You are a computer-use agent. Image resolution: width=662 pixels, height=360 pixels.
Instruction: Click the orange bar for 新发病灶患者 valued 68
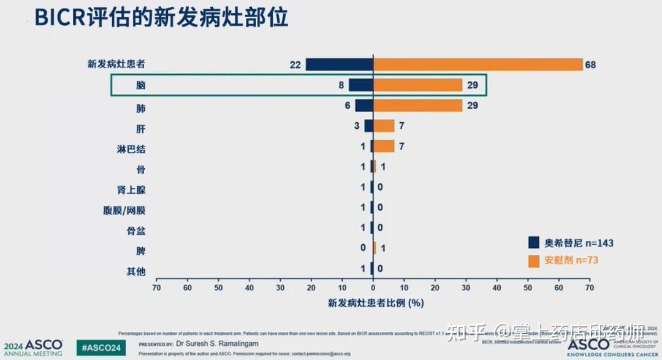coord(478,64)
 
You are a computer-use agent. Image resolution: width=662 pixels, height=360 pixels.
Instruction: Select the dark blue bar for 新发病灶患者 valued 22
coord(339,64)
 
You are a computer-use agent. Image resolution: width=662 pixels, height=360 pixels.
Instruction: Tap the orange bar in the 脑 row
coord(417,85)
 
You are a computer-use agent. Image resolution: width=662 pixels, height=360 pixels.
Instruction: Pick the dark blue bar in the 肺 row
coord(364,105)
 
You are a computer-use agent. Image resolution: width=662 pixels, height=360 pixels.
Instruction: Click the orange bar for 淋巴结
coord(384,146)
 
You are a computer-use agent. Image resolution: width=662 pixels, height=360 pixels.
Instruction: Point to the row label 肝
coord(140,129)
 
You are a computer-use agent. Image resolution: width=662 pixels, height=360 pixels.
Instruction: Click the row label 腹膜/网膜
coord(124,210)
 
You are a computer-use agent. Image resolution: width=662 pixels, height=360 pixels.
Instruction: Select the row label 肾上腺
coord(131,190)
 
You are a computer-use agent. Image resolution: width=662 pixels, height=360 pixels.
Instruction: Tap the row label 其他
coord(135,270)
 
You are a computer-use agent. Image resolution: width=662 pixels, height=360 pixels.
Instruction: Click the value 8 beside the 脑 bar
coord(341,85)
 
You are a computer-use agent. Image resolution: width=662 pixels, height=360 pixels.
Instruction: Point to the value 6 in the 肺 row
coord(347,105)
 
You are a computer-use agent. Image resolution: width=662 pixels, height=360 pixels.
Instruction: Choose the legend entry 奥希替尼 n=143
coord(571,243)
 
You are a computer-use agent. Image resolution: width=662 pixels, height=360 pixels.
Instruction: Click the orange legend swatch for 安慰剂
coord(534,261)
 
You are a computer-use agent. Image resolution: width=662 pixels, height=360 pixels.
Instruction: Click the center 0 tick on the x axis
coord(373,287)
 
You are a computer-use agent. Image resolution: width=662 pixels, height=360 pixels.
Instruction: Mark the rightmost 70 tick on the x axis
coord(589,287)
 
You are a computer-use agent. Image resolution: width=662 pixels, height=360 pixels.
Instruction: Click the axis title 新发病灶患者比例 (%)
coord(376,302)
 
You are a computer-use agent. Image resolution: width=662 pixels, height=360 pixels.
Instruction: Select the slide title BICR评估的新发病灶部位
coord(161,17)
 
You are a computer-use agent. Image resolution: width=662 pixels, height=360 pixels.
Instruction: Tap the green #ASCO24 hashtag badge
coord(101,348)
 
